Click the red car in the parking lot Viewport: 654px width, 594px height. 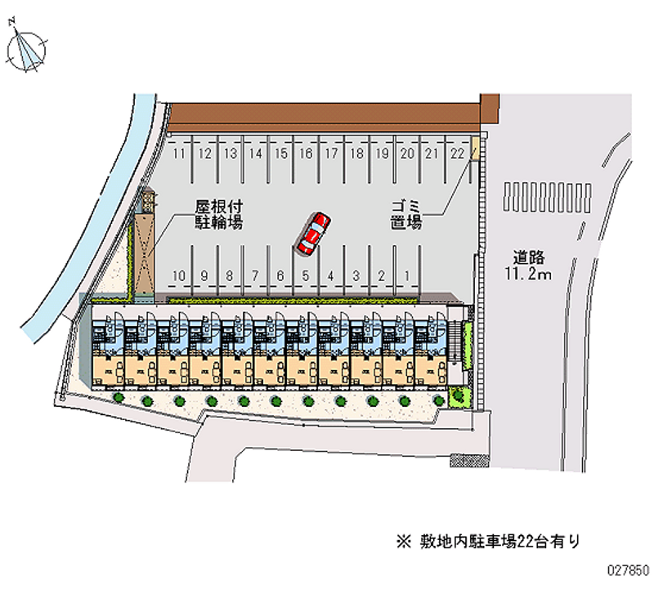coord(314,233)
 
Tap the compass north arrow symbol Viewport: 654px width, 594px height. coord(26,48)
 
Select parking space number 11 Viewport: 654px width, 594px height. coord(180,153)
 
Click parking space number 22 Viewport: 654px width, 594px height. coord(458,153)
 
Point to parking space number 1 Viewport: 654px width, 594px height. coord(406,276)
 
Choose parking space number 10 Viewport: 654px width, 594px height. coord(180,276)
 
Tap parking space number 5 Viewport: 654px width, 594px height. coord(306,276)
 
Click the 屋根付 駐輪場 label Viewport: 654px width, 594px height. coord(217,215)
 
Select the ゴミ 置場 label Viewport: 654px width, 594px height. coord(406,215)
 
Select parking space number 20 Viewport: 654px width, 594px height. coord(407,153)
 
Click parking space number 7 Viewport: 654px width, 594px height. coord(255,276)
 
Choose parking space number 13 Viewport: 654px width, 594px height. coord(231,153)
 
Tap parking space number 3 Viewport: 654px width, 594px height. coord(356,276)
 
